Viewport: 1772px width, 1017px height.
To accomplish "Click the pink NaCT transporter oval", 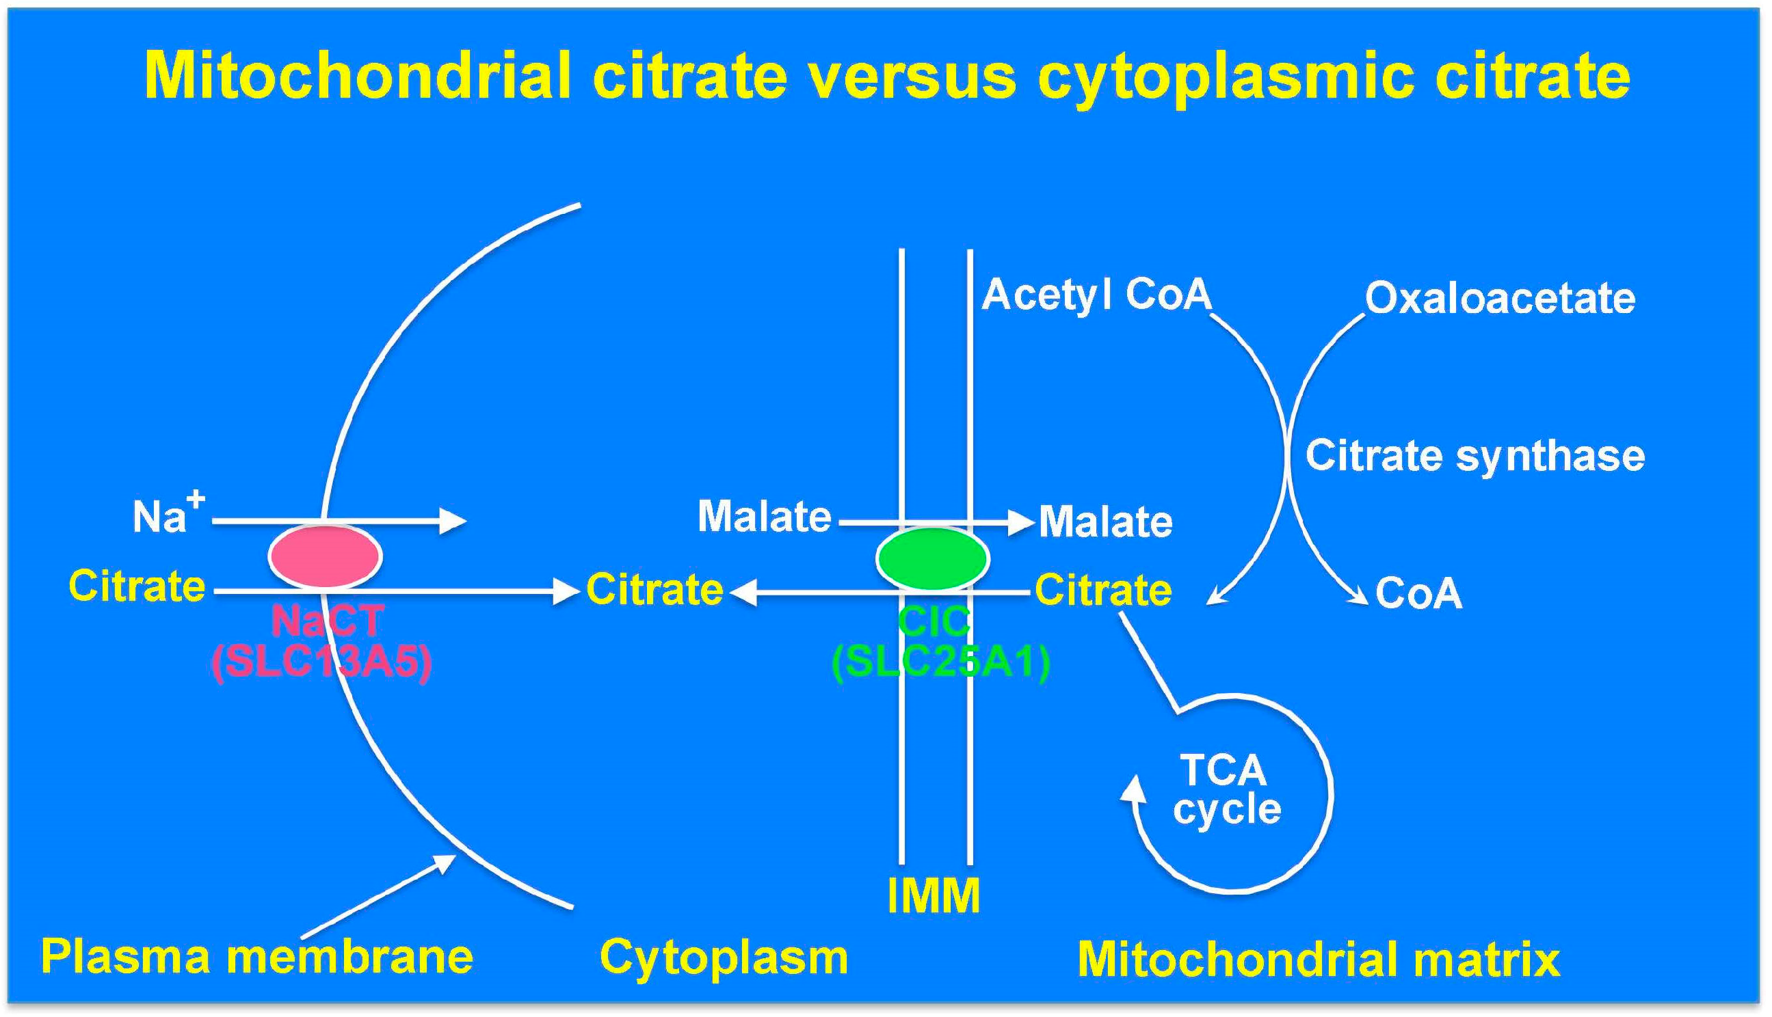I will [x=325, y=556].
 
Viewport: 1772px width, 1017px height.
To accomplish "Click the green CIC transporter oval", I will [x=933, y=559].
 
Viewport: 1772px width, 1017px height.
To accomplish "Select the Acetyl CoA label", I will [x=1096, y=294].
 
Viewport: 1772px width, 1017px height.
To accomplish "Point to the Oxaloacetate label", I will [x=1500, y=299].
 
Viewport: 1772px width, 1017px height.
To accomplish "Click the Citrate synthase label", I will [x=1475, y=456].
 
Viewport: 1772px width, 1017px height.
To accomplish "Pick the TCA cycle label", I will [x=1227, y=789].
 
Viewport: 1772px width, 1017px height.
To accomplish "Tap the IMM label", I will [x=933, y=895].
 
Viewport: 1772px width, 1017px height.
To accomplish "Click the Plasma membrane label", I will [x=257, y=956].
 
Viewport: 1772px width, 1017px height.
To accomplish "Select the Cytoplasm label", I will [x=724, y=958].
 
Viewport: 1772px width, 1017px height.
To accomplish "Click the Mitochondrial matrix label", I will [x=1319, y=959].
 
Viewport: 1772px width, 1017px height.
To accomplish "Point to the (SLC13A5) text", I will [x=321, y=661].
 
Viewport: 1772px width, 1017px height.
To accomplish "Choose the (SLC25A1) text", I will [x=941, y=661].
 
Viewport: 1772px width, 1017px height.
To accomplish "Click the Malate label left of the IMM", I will [x=765, y=516].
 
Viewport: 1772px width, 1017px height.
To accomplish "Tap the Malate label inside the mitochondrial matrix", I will [x=1105, y=521].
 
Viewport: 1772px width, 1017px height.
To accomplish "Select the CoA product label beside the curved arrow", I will [x=1418, y=594].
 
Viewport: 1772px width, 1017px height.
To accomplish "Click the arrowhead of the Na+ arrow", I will [x=453, y=520].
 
